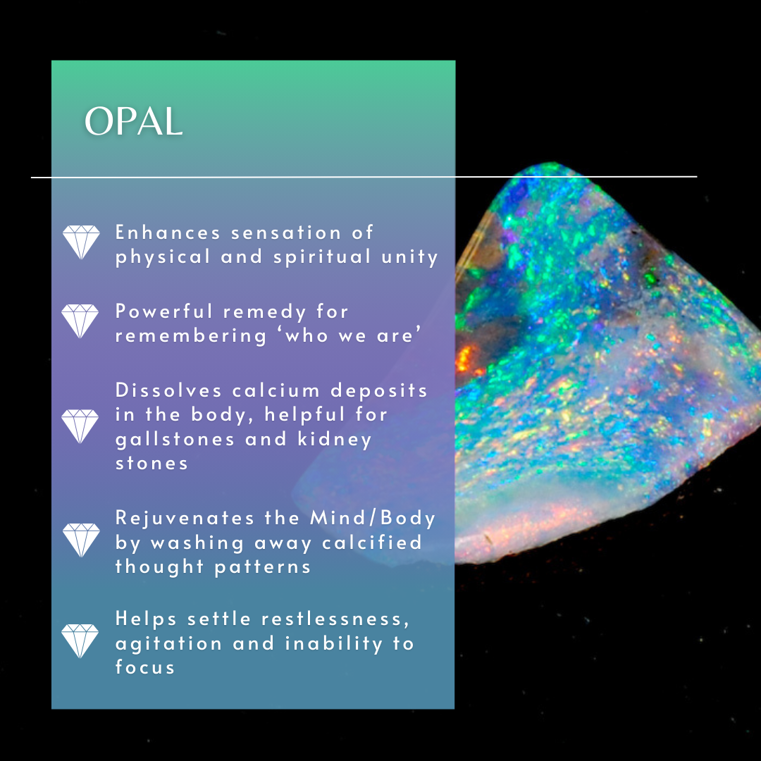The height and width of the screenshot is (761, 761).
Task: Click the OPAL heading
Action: [x=133, y=122]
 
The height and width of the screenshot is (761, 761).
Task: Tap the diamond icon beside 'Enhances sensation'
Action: [x=81, y=242]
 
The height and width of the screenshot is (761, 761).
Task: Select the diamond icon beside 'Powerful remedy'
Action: [x=80, y=321]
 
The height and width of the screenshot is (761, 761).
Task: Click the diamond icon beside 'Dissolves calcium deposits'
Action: [x=80, y=426]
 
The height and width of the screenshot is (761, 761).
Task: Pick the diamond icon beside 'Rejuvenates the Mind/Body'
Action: [x=81, y=540]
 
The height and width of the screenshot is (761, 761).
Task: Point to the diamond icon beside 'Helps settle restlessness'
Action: [x=80, y=641]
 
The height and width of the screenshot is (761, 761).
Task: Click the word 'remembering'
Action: [x=191, y=336]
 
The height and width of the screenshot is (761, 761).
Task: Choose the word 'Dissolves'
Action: [x=168, y=390]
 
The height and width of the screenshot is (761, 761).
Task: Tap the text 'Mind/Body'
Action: [x=373, y=518]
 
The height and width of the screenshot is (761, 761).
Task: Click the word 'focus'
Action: [x=144, y=667]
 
